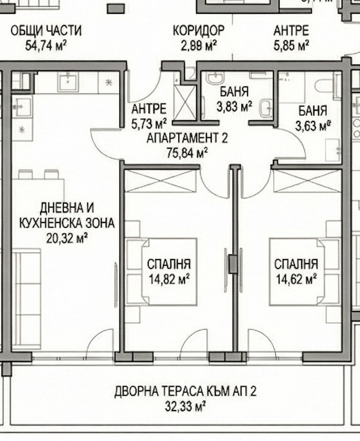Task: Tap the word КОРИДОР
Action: (198, 30)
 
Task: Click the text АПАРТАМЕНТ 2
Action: (187, 138)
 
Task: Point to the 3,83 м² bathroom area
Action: (234, 106)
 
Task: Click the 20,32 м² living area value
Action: (68, 238)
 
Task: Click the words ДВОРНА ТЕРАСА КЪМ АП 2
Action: (185, 391)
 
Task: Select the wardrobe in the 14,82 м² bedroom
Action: (160, 181)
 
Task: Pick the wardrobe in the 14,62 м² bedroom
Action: (307, 181)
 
